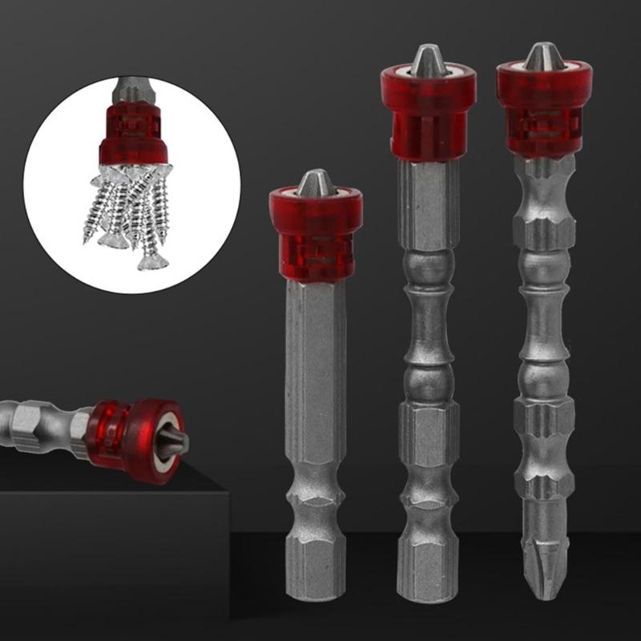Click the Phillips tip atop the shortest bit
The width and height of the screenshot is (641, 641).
pos(315,183)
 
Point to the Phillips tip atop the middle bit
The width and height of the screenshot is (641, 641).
pos(427,60)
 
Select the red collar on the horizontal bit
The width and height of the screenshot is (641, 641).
pos(120,433)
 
